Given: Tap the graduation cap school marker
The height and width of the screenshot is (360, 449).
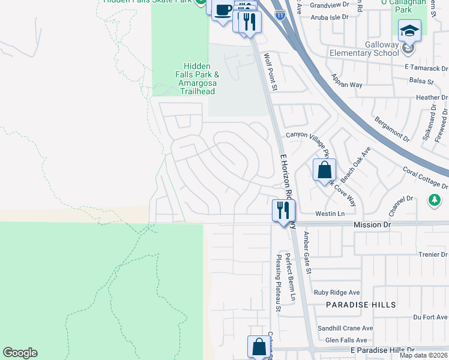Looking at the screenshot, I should (x=411, y=30).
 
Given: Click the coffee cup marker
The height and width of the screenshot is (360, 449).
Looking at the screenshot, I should (x=223, y=10).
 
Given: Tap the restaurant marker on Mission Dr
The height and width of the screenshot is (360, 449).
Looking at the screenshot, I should (x=283, y=210).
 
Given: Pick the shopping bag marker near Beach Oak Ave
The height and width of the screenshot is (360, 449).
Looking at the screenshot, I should (x=324, y=170).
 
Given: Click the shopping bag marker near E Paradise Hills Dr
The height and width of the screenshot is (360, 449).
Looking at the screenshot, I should (x=259, y=346).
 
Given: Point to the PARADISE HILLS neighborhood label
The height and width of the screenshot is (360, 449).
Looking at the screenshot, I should (x=361, y=305).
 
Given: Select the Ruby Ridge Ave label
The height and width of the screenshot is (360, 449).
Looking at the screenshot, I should (x=337, y=293).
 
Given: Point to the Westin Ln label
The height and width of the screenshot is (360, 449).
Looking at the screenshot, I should (x=330, y=214).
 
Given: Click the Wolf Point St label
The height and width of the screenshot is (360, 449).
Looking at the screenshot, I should (x=271, y=72).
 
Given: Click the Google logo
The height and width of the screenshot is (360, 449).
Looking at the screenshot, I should (x=20, y=353).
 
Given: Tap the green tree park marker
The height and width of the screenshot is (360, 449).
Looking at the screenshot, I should (x=434, y=199).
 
